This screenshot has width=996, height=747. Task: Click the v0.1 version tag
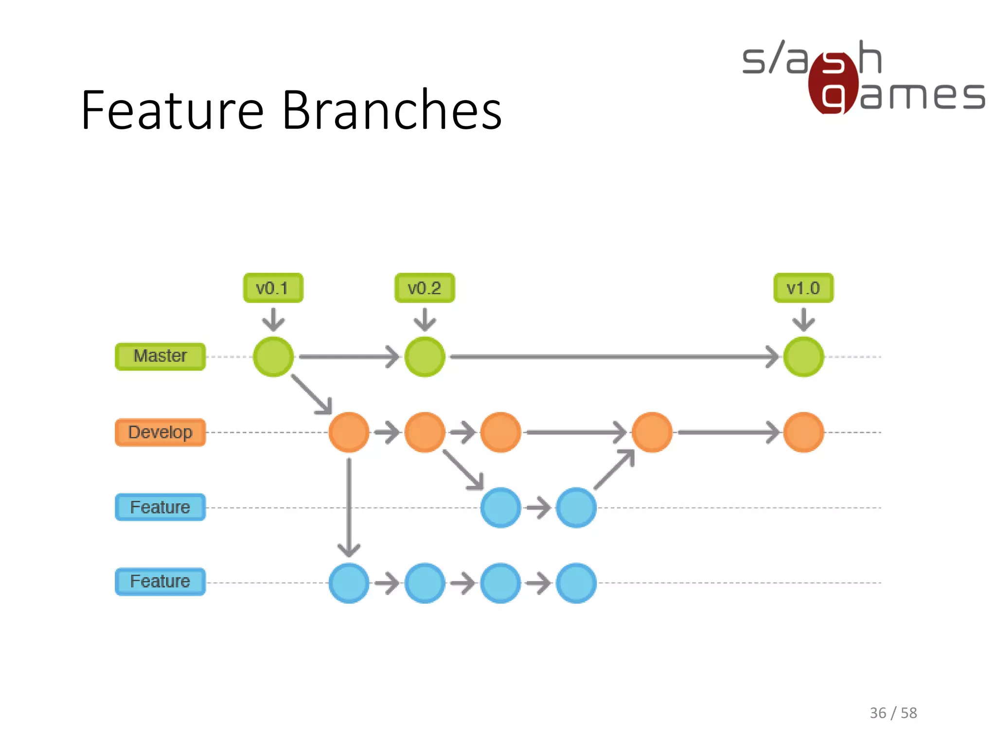point(273,288)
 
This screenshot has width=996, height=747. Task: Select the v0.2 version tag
point(425,288)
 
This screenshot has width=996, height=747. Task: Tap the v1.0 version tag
point(803,288)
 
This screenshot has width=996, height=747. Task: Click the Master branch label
point(160,356)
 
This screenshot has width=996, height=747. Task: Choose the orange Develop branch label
point(160,432)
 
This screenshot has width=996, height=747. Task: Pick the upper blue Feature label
point(160,507)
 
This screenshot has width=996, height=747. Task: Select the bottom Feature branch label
point(160,582)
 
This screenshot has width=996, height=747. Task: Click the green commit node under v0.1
point(273,357)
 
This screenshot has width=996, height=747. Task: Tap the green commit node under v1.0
point(803,357)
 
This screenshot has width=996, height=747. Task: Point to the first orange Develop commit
point(349,432)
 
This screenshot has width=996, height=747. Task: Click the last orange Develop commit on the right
point(803,432)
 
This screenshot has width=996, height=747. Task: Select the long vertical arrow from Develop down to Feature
point(349,506)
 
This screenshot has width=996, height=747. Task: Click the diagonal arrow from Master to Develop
point(311,394)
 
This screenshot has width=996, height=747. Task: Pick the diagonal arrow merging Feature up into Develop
point(614,470)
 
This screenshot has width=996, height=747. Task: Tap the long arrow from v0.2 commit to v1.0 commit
point(613,357)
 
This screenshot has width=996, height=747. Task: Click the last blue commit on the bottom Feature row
point(576,583)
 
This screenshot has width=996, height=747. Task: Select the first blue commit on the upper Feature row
point(500,508)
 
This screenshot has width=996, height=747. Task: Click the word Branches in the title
point(391,110)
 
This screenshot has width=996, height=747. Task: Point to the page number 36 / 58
point(893,713)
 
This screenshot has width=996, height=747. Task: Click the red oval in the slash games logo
point(833,83)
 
